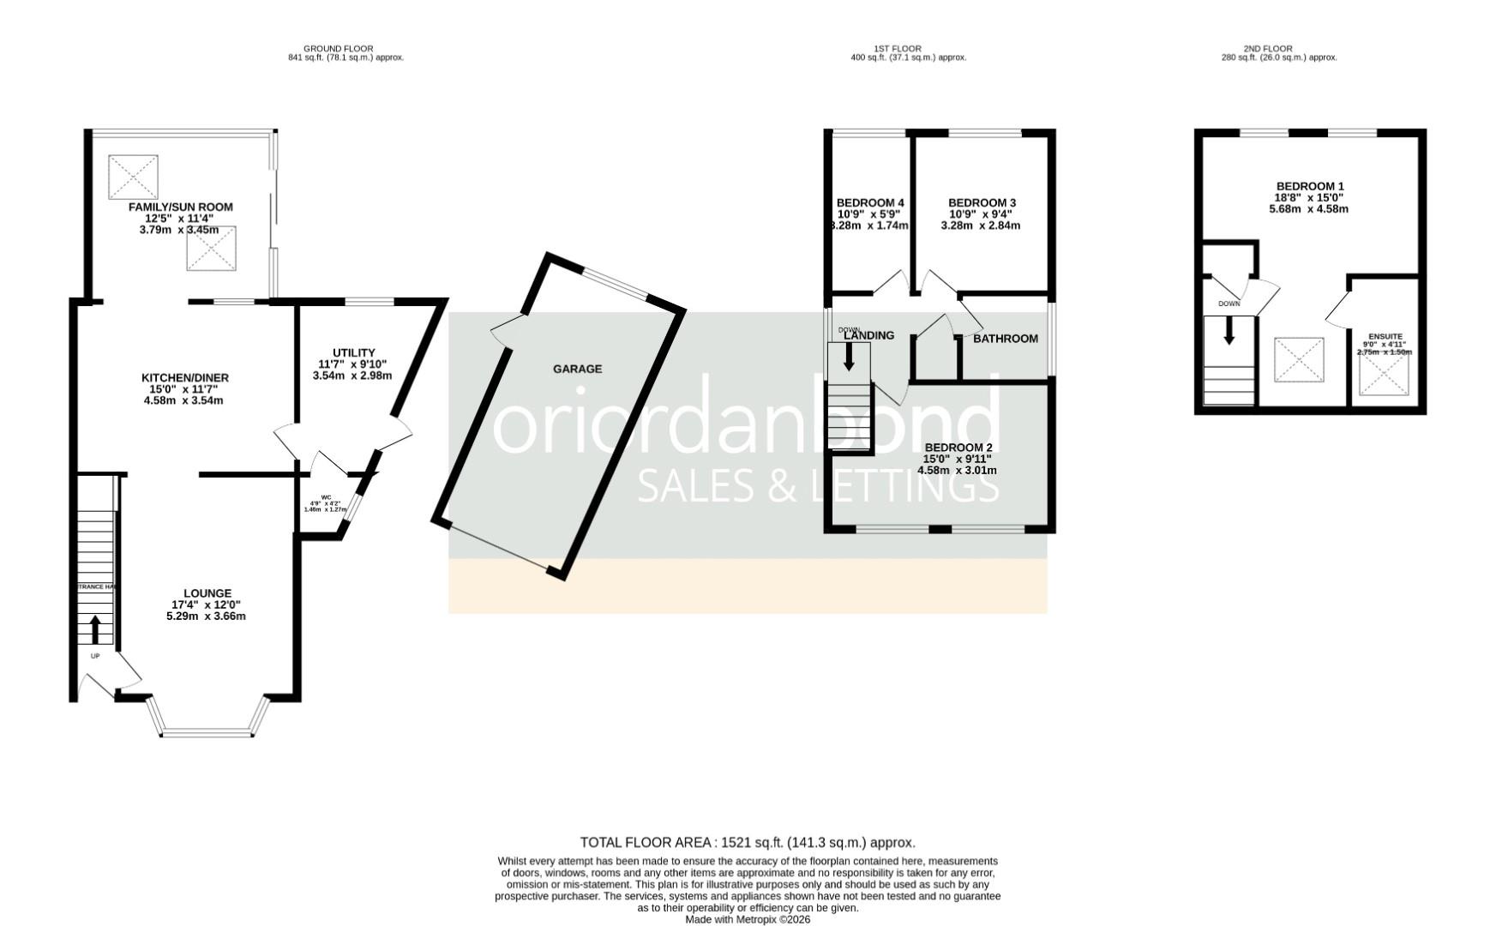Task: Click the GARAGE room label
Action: click(x=577, y=369)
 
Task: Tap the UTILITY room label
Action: click(x=353, y=353)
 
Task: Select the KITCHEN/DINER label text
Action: click(x=185, y=378)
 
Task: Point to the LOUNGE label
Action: click(x=207, y=593)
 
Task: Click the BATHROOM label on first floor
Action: click(x=1005, y=339)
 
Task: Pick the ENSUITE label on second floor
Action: click(x=1385, y=337)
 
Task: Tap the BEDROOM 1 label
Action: click(x=1310, y=187)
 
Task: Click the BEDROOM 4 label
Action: click(x=870, y=203)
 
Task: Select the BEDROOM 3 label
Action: click(x=982, y=203)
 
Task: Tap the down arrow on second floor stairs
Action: click(x=1229, y=330)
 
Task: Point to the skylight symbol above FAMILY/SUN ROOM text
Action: click(x=134, y=177)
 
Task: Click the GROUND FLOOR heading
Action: click(x=339, y=49)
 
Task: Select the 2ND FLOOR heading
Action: click(x=1267, y=49)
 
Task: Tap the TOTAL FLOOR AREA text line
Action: click(x=748, y=843)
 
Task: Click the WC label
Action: click(x=326, y=497)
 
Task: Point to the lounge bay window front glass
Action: click(x=207, y=733)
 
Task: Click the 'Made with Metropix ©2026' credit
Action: click(x=748, y=919)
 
